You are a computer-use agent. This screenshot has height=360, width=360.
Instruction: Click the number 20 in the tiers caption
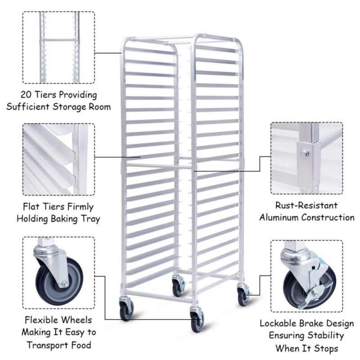click(x=27, y=95)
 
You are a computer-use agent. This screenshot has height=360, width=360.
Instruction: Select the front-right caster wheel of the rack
click(x=197, y=320)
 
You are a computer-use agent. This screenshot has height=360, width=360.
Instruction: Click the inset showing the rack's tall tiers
click(x=58, y=47)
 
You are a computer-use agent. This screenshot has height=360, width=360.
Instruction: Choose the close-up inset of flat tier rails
click(x=58, y=159)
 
